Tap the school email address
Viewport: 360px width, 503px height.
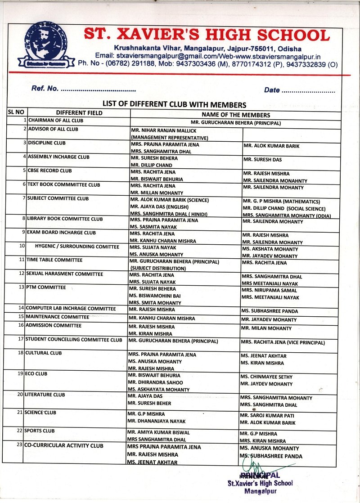click(x=156, y=56)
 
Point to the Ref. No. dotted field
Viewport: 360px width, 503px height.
click(x=98, y=89)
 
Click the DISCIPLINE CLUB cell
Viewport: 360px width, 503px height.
click(x=47, y=143)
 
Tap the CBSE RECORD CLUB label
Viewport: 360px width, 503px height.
click(x=49, y=171)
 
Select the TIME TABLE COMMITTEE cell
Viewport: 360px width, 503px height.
click(x=54, y=260)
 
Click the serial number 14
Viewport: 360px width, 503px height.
click(x=21, y=308)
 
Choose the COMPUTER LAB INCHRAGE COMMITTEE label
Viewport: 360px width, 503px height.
click(x=71, y=308)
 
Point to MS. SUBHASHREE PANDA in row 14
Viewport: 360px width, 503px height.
click(x=269, y=311)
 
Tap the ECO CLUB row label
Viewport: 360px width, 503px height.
click(x=36, y=373)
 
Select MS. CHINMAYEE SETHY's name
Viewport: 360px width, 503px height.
click(x=266, y=377)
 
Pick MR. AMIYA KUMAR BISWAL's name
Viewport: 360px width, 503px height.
click(x=158, y=432)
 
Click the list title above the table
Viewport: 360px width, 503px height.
click(x=175, y=104)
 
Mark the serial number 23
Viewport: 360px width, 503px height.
click(x=20, y=445)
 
